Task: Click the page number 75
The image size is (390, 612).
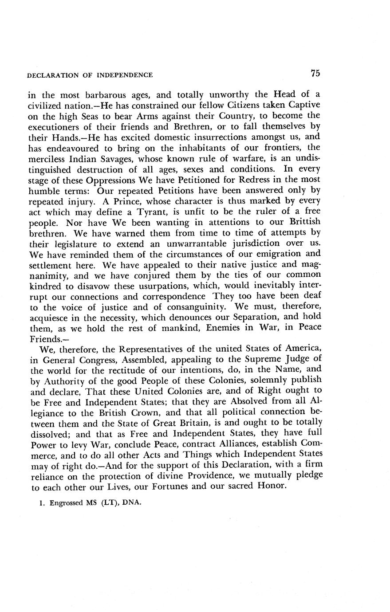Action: (315, 74)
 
